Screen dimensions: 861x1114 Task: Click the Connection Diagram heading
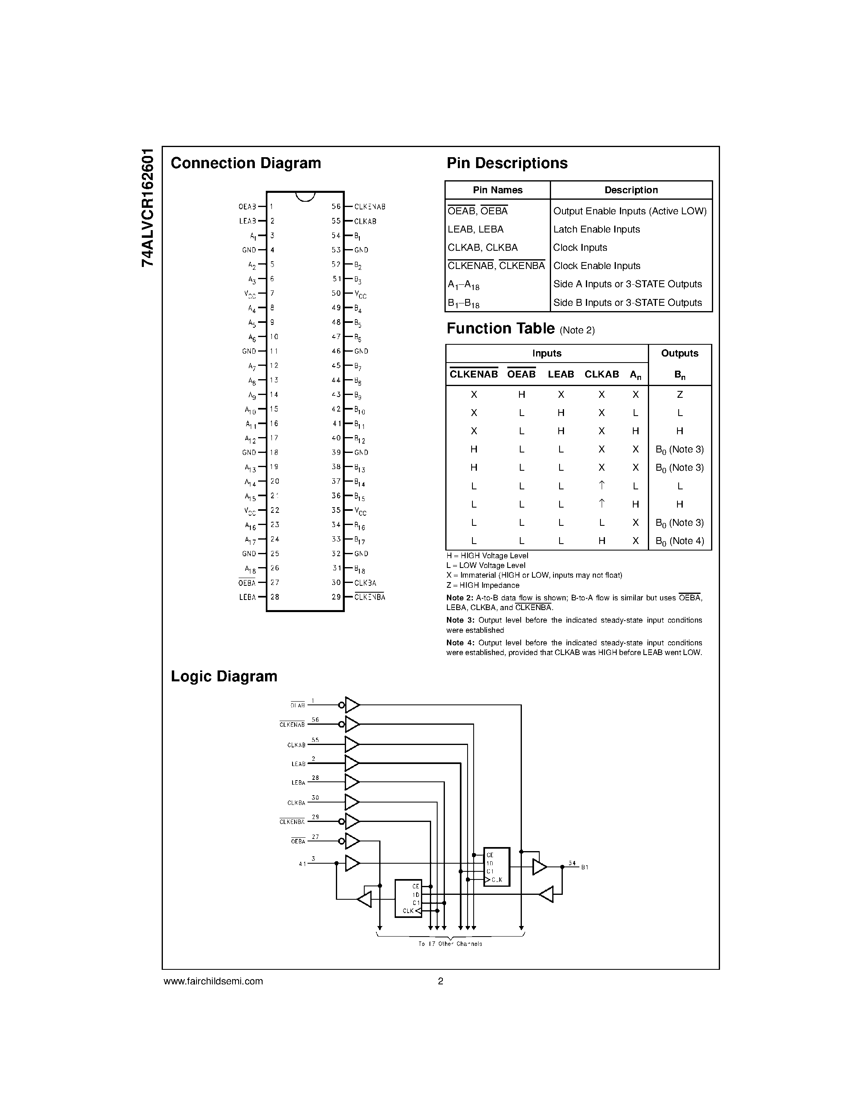click(x=246, y=163)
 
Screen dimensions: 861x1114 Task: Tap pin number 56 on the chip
click(x=335, y=207)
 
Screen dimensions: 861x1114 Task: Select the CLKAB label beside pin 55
click(x=365, y=221)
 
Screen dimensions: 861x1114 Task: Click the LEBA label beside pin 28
click(x=248, y=597)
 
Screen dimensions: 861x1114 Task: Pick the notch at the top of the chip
click(x=305, y=196)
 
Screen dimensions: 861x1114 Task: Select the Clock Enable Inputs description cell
click(x=597, y=266)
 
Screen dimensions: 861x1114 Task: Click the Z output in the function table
click(x=679, y=394)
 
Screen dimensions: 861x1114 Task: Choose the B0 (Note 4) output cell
click(x=679, y=541)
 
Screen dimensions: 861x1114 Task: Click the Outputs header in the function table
click(x=679, y=354)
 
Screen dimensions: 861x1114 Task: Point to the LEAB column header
click(x=561, y=374)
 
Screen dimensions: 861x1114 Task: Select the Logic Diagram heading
click(x=224, y=677)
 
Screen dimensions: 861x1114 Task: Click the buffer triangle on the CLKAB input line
click(x=351, y=744)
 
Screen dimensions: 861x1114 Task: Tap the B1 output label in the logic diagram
click(x=585, y=867)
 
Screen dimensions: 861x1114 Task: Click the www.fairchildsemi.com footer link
click(x=213, y=981)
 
